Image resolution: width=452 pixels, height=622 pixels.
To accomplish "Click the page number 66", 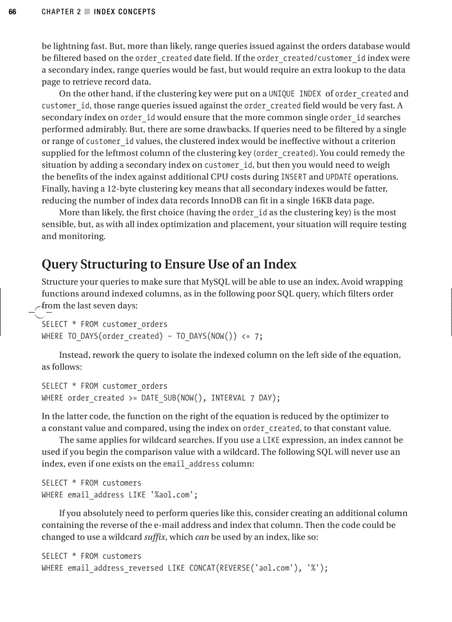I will [12, 12].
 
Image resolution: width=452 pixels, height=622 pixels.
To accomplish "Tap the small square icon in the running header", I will [86, 12].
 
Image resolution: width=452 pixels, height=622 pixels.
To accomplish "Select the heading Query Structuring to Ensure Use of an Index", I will [169, 264].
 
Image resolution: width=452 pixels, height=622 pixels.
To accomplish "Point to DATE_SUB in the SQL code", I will [160, 398].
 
